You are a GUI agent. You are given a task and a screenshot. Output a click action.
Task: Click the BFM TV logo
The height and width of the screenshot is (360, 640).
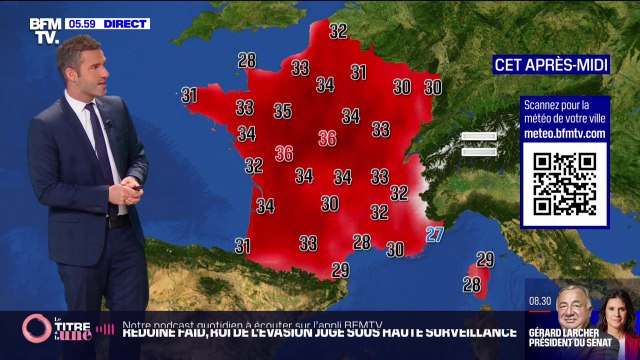[x=45, y=31]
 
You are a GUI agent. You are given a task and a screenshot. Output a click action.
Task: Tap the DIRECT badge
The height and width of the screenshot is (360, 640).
[x=125, y=23]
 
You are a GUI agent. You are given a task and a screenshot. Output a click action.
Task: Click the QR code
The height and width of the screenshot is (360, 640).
[x=564, y=183]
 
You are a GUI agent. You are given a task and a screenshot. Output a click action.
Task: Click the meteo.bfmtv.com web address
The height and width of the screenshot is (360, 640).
[x=565, y=133]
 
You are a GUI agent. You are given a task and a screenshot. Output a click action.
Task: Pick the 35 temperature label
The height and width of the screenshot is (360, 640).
[x=283, y=111]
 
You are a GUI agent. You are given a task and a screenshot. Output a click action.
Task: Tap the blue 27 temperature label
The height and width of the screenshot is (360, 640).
[x=434, y=234]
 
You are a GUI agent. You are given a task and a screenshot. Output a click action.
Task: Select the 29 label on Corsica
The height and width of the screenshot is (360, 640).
[x=485, y=259]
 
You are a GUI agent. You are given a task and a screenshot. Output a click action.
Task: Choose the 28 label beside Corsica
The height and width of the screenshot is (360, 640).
[x=471, y=284]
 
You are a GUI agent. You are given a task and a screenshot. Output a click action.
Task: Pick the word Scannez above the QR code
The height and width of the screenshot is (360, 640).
[x=544, y=104]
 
